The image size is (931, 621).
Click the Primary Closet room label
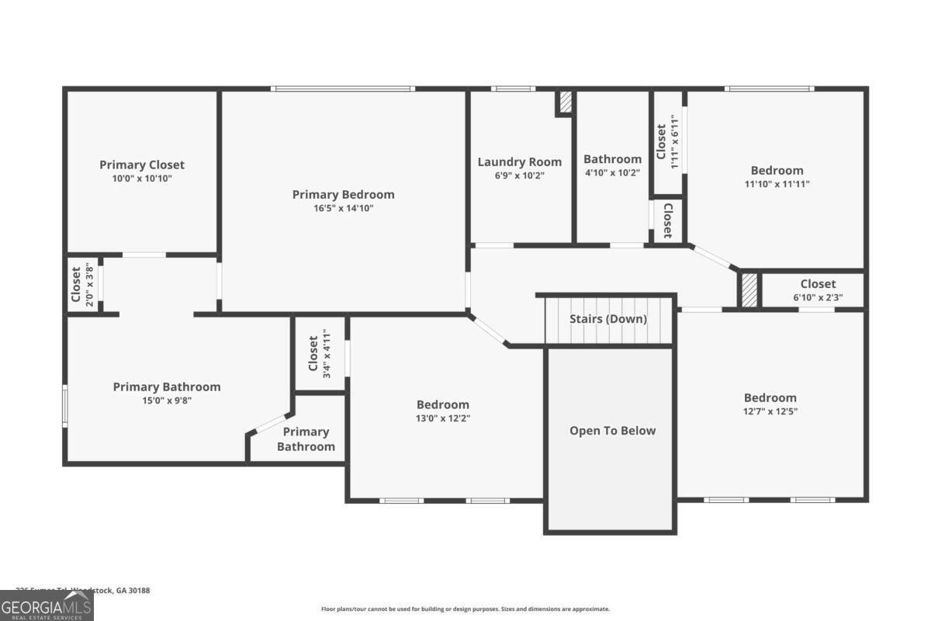pyautogui.click(x=142, y=165)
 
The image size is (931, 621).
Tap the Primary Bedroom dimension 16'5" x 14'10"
pyautogui.click(x=343, y=208)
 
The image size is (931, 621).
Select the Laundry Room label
pyautogui.click(x=519, y=162)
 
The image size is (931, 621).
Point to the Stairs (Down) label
pyautogui.click(x=608, y=319)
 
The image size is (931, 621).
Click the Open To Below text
pyautogui.click(x=612, y=431)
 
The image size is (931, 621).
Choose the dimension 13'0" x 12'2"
pyautogui.click(x=443, y=418)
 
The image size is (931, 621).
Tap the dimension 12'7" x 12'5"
pyautogui.click(x=770, y=411)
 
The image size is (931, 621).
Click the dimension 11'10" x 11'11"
pyautogui.click(x=777, y=185)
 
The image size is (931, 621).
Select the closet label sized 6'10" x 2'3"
pyautogui.click(x=818, y=284)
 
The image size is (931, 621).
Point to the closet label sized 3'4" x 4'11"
pyautogui.click(x=313, y=353)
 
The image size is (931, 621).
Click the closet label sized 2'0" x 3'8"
pyautogui.click(x=76, y=284)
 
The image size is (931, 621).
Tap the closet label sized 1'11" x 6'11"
pyautogui.click(x=661, y=142)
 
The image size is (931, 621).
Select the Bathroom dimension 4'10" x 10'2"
pyautogui.click(x=612, y=173)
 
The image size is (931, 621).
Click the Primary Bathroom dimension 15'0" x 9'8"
pyautogui.click(x=167, y=401)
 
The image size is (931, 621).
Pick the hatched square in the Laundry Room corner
pyautogui.click(x=565, y=102)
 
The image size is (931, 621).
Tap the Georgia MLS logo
pyautogui.click(x=47, y=605)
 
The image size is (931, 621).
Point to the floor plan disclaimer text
pyautogui.click(x=465, y=609)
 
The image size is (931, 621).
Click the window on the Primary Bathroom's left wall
pyautogui.click(x=65, y=405)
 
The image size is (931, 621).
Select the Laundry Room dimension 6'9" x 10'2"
pyautogui.click(x=519, y=175)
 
